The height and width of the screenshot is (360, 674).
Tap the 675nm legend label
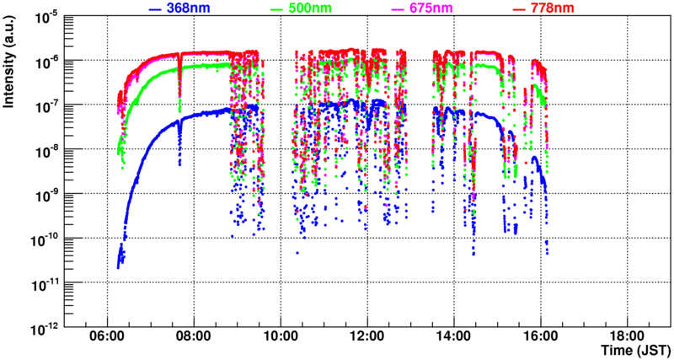pyautogui.click(x=445, y=8)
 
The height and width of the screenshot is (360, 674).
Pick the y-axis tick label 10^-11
pyautogui.click(x=47, y=282)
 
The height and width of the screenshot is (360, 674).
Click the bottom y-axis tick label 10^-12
pyautogui.click(x=47, y=325)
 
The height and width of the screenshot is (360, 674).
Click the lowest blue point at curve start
pyautogui.click(x=118, y=267)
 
